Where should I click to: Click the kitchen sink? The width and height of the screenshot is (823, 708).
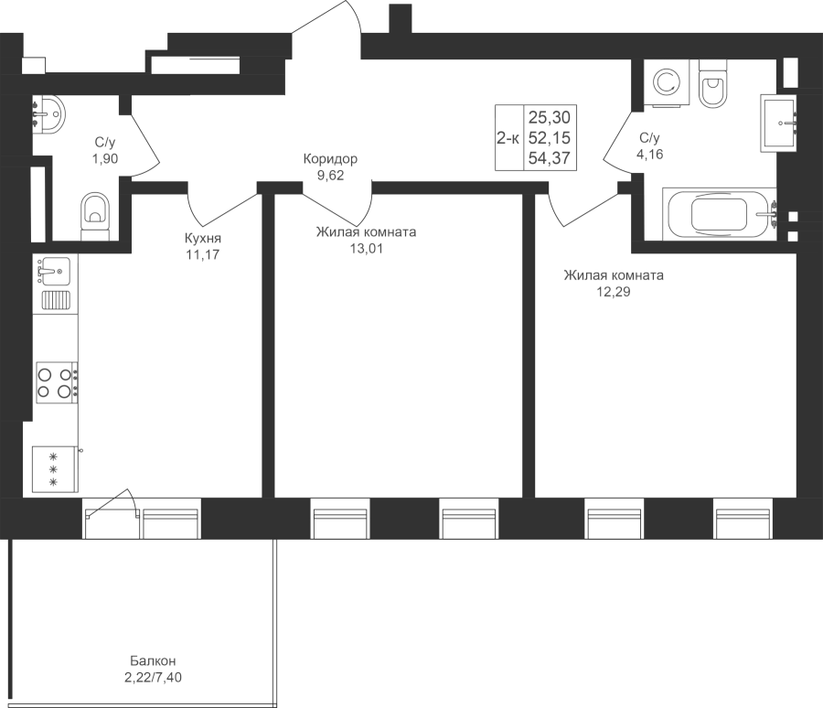54,269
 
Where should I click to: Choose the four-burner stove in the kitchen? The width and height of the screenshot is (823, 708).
55,381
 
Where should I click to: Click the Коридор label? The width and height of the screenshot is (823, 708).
330,159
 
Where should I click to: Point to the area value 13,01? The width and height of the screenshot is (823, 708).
366,247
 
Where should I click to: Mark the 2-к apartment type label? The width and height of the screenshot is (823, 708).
508,138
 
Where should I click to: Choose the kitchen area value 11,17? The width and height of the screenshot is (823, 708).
203,254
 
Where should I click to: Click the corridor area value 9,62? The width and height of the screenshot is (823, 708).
330,177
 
